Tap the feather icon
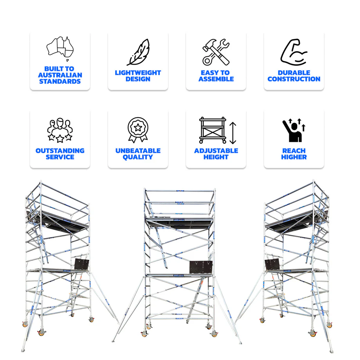pos(138,52)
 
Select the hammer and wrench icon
pos(216,52)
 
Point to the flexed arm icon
pos(294,52)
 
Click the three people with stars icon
pos(60,130)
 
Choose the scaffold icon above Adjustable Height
pos(213,130)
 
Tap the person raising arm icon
pos(294,130)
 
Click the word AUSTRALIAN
pos(60,75)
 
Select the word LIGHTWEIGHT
pos(138,73)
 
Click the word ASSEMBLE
pos(216,79)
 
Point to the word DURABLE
pos(294,73)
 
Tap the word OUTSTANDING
pos(60,151)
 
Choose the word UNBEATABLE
pos(138,151)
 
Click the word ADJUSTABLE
pos(216,151)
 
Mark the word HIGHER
pos(294,157)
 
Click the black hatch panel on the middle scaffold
pos(201,267)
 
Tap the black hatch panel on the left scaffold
pos(82,264)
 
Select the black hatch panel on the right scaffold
pos(272,265)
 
